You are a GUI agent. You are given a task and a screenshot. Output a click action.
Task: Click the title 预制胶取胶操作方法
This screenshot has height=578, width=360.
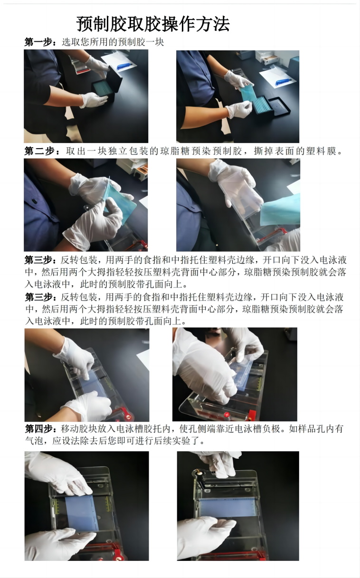[153, 24]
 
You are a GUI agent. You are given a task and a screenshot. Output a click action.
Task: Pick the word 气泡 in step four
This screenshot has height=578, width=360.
[33, 440]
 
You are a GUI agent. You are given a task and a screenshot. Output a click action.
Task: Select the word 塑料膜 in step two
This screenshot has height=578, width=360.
[321, 151]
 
